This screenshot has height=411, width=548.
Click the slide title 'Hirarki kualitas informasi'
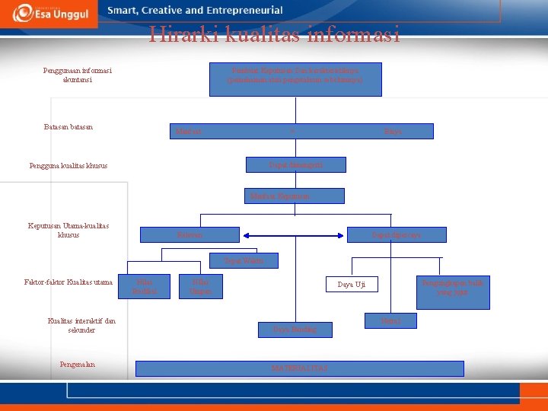coord(274,34)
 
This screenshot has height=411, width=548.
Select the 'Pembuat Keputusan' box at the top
coord(295,78)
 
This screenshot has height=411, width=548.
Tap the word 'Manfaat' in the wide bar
coord(189,132)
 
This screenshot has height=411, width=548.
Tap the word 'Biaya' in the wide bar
coord(393,132)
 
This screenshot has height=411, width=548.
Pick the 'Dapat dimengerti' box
coord(296,164)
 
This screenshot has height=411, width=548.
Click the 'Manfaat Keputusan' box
coord(295,196)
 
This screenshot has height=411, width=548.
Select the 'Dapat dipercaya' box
coord(396,235)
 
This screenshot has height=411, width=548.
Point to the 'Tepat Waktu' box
coord(244,261)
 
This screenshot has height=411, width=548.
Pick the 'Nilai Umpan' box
coord(200,286)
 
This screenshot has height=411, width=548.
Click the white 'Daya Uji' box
coord(352,285)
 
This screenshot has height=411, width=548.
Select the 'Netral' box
coord(391,322)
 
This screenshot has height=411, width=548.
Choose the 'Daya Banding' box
coord(293,330)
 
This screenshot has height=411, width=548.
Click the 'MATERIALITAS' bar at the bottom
coord(299,368)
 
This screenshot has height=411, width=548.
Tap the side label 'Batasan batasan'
coord(68,126)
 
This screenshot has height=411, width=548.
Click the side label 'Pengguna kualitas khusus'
coord(68,165)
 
